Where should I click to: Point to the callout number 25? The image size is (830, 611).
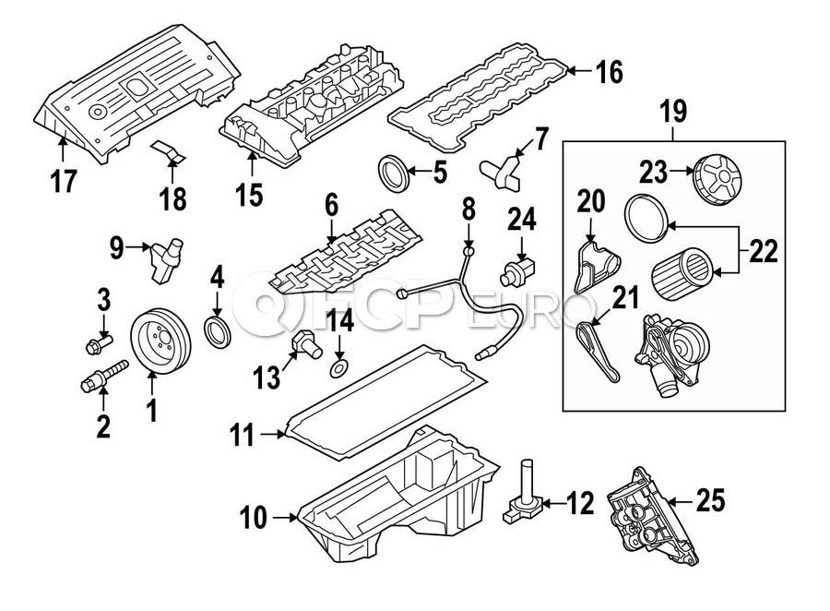click(x=710, y=501)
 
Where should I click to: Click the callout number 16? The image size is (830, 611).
click(x=609, y=70)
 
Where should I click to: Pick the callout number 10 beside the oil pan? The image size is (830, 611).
click(x=253, y=519)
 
